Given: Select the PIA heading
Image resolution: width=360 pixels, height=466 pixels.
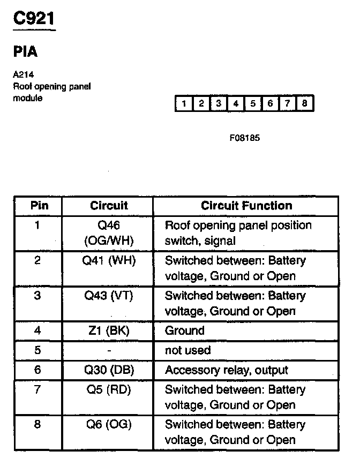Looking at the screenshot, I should point(25,52).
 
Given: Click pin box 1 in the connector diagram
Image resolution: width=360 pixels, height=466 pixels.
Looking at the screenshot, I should point(183,103).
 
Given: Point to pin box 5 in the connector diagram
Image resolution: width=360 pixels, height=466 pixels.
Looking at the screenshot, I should point(252,103).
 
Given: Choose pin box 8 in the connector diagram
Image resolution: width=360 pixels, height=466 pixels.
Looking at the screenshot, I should point(304,103).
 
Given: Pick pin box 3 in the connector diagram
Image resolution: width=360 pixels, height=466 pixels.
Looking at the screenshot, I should point(218,103).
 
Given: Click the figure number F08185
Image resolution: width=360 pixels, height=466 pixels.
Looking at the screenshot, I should point(244,138).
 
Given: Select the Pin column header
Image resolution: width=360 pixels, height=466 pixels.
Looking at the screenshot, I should point(38,206).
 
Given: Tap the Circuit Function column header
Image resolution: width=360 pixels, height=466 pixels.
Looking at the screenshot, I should point(246,206).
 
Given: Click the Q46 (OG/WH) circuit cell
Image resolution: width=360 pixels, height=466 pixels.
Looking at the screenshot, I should point(109,233).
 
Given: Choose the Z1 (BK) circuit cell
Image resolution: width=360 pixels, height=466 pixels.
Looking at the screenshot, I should point(109,330).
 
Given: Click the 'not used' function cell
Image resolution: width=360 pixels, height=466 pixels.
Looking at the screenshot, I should point(187,350).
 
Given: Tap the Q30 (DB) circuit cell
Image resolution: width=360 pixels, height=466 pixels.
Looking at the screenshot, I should point(109,370).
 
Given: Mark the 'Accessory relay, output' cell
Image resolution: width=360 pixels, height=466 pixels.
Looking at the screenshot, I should point(226,370).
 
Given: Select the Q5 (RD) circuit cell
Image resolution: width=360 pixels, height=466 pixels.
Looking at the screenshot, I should point(109,389).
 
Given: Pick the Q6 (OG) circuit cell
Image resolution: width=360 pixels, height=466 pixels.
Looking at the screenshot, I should point(109,424).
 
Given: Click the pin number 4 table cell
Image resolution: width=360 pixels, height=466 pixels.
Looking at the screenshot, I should point(37,330).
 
